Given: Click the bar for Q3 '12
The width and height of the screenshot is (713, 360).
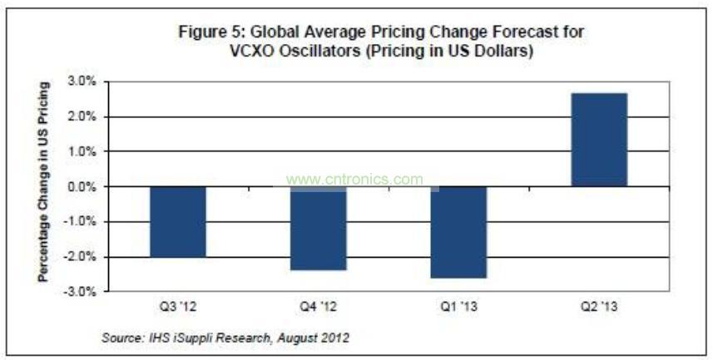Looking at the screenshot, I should click(x=178, y=222).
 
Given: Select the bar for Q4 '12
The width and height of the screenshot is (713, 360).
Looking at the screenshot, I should click(x=319, y=229).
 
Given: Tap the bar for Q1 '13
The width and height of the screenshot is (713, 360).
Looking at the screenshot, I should click(x=458, y=232).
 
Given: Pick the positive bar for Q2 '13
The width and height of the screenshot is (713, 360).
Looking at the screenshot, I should click(x=599, y=140).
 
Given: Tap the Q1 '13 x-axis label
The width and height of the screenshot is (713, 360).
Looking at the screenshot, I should click(x=458, y=307).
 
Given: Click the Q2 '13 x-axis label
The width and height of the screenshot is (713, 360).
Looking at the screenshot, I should click(x=599, y=307).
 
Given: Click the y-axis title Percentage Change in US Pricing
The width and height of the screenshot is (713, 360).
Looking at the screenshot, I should click(x=42, y=181).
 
